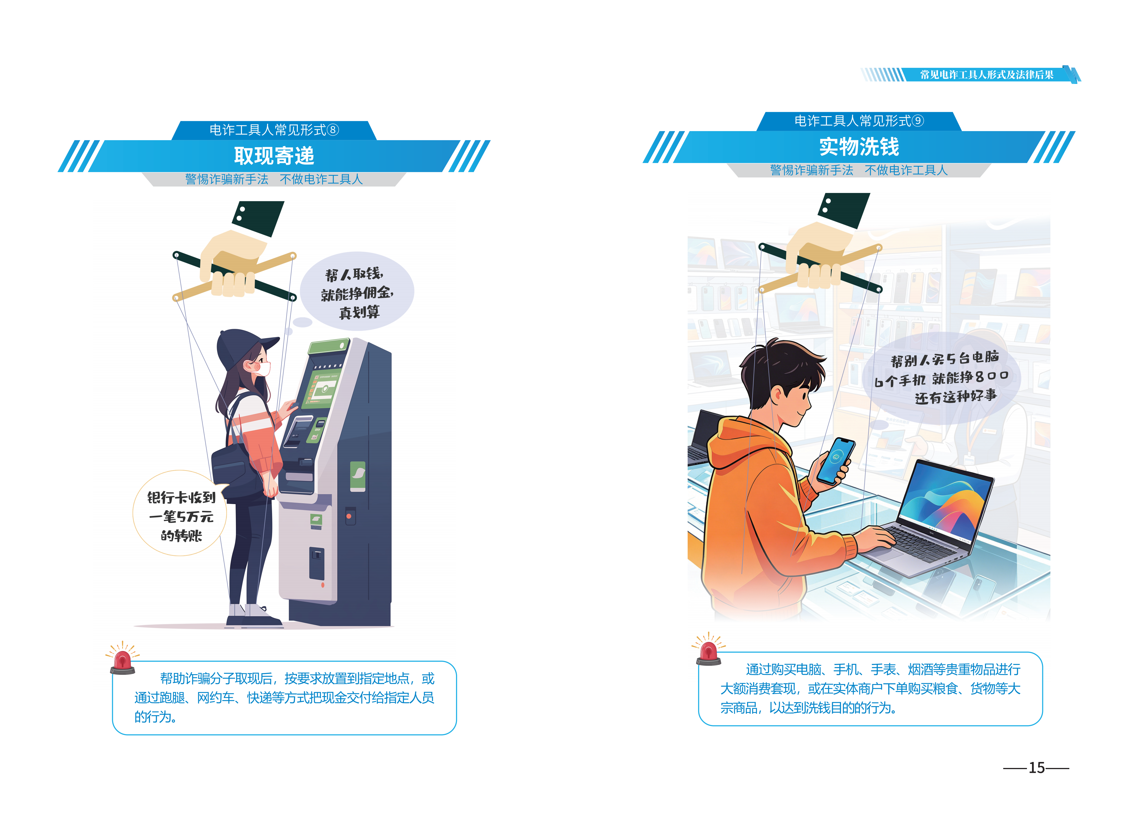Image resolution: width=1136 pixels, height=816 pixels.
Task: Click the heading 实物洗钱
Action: coord(859,147)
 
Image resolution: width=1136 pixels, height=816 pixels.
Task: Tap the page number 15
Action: coord(1036,768)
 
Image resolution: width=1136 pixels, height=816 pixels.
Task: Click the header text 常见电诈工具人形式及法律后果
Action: coord(987,75)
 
